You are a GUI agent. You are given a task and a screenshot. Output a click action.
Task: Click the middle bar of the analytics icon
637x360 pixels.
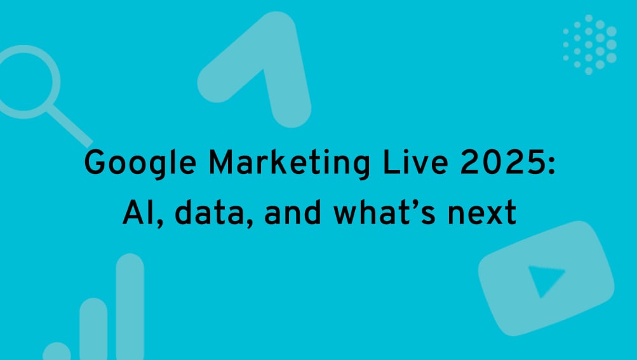pos(93,330)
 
